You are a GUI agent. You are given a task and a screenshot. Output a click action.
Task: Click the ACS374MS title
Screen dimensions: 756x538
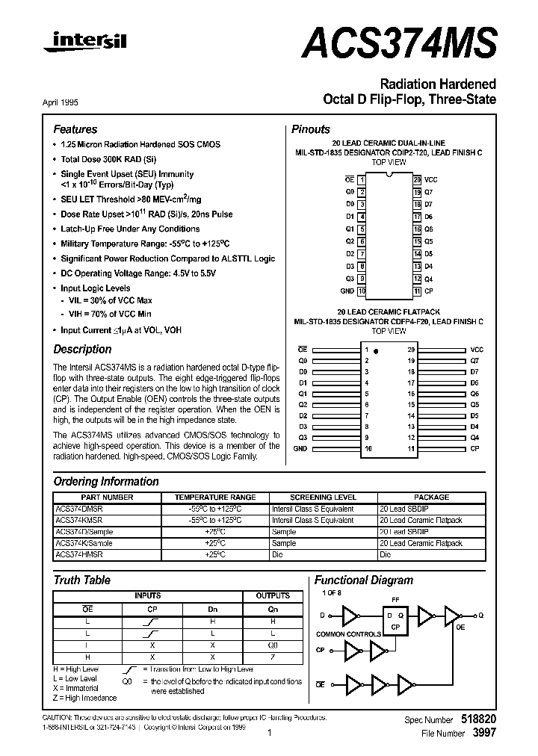point(399,43)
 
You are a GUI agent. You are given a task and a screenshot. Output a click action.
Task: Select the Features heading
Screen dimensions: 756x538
point(75,129)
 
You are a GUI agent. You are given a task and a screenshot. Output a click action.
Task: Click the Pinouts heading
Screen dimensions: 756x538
point(310,129)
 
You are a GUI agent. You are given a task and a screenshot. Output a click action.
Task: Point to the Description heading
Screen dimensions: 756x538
point(82,349)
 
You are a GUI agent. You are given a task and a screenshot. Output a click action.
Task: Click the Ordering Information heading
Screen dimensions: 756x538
point(106,482)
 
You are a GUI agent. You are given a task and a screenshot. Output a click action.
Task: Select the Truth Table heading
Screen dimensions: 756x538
point(82,580)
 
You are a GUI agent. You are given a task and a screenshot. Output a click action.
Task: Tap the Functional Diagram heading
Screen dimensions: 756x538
point(363,580)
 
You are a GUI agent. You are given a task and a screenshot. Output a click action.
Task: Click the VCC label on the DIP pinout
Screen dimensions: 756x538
point(432,179)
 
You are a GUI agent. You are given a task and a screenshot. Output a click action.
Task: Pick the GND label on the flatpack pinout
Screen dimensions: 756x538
point(300,448)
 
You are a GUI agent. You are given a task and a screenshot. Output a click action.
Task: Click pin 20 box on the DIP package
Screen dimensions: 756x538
point(417,179)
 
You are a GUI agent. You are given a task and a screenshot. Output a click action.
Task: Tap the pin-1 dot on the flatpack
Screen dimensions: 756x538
point(377,350)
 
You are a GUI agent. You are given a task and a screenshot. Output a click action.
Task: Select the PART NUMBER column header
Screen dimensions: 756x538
point(107,497)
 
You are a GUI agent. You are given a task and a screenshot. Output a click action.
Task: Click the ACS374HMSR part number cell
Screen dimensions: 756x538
point(79,555)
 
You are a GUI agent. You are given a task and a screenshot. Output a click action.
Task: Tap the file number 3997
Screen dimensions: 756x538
point(484,733)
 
